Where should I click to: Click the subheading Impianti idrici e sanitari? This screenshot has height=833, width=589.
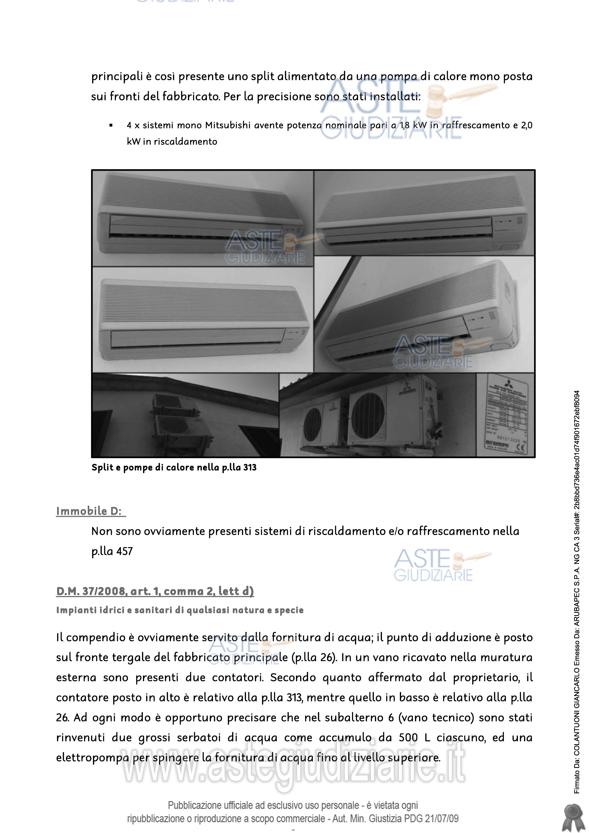tap(180, 610)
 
